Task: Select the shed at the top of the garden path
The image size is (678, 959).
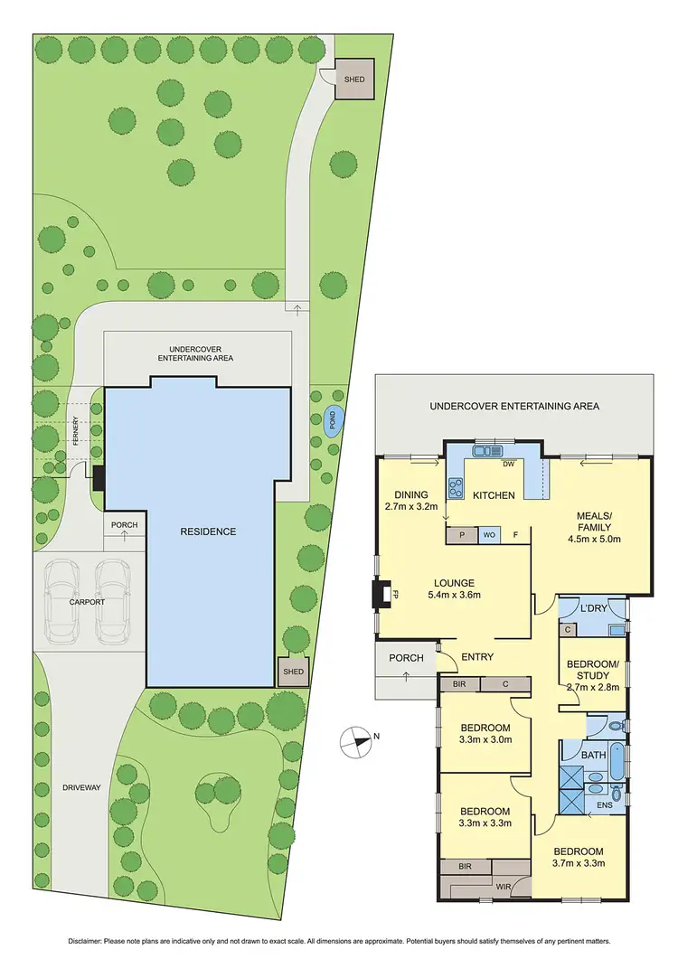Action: point(353,79)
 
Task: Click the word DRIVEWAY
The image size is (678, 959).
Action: point(81,787)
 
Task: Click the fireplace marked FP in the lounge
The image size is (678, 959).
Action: point(381,595)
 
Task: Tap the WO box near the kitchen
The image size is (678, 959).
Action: point(489,534)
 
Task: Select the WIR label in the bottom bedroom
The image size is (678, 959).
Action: point(502,886)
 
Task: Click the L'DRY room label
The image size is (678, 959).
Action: point(593,608)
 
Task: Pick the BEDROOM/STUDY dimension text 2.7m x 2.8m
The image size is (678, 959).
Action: point(594,688)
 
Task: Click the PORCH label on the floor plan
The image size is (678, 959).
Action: point(406,658)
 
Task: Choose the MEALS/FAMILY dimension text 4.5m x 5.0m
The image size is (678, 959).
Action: point(594,540)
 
